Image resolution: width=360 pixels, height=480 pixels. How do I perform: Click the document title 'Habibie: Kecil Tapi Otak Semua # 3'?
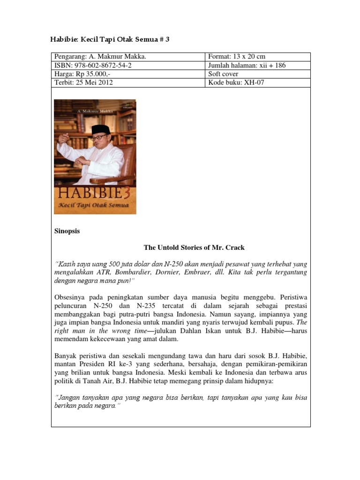[x=110, y=40]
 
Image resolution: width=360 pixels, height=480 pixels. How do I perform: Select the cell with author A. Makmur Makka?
[x=101, y=57]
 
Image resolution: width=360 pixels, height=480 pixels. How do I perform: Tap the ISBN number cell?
[x=93, y=66]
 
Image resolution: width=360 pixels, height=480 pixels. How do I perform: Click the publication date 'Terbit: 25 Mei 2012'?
[x=84, y=82]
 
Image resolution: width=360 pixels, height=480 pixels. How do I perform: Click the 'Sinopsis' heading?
[x=67, y=231]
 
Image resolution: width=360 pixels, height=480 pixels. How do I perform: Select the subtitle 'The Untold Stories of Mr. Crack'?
[x=194, y=247]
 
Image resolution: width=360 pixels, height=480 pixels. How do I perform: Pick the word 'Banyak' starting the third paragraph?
[x=67, y=355]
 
